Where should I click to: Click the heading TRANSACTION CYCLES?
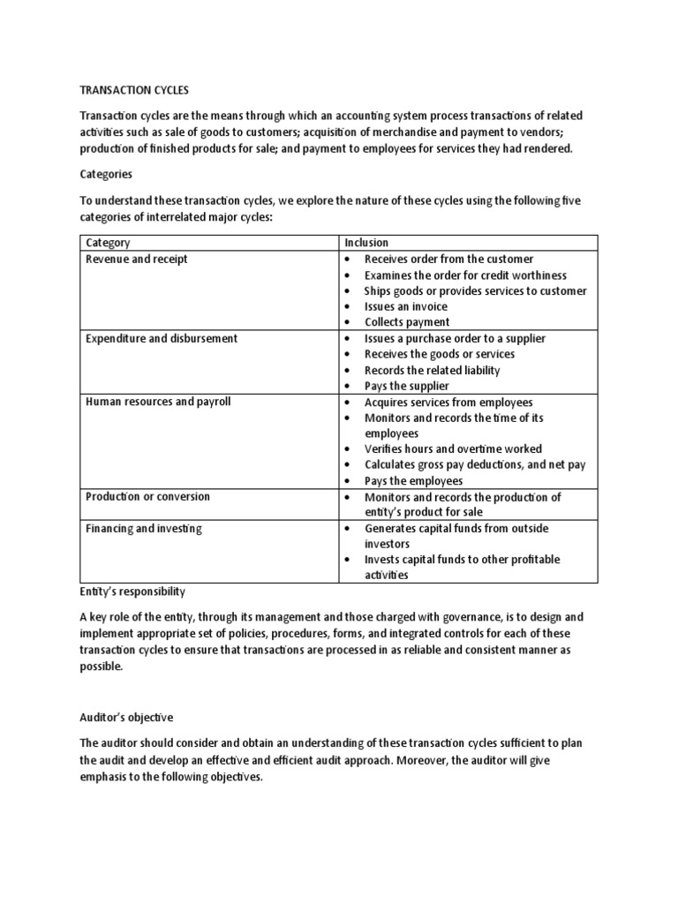(x=134, y=90)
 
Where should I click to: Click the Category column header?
(x=108, y=243)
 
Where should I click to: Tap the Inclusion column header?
(x=366, y=243)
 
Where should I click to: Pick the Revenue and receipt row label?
(x=136, y=259)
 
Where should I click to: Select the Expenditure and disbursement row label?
(x=162, y=338)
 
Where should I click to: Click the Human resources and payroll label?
(x=158, y=402)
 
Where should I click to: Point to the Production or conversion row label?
(x=147, y=496)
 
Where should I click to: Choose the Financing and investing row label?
(x=144, y=528)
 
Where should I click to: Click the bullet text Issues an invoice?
(x=405, y=306)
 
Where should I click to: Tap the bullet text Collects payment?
(x=406, y=322)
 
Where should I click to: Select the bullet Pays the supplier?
(x=406, y=386)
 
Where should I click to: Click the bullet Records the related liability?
(x=432, y=370)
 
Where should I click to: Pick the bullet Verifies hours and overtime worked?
(x=453, y=448)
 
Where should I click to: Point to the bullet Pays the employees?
(x=413, y=481)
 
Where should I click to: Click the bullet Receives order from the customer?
(x=448, y=259)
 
